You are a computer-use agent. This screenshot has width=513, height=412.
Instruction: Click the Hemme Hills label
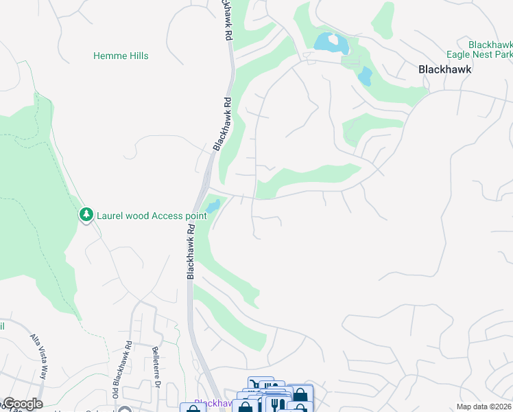121,56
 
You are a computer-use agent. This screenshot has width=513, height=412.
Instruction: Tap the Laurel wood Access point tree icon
86,215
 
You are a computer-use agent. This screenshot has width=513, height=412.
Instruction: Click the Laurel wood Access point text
151,215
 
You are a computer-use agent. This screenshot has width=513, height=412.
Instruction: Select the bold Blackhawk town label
446,69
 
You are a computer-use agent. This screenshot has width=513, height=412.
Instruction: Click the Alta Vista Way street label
38,357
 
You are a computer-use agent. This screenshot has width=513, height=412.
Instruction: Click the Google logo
22,404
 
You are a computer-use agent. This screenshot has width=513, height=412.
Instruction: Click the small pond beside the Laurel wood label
213,205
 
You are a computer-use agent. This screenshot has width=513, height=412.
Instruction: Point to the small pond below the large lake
365,76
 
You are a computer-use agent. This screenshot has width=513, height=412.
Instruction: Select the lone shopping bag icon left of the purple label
193,409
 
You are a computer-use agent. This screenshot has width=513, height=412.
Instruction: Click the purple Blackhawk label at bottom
208,402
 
